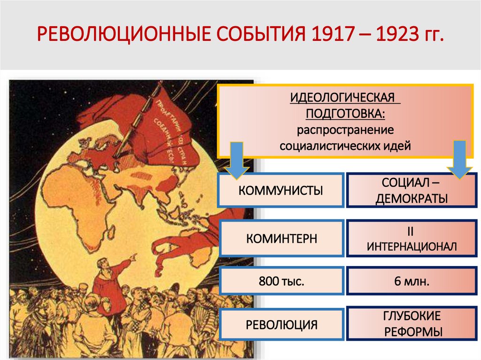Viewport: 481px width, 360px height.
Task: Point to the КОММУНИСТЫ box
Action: [x=281, y=191]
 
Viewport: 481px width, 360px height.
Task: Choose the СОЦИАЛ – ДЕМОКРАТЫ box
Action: [x=411, y=191]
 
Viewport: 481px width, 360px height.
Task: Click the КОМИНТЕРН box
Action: [x=281, y=238]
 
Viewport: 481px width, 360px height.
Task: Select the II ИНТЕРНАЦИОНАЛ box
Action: [x=411, y=238]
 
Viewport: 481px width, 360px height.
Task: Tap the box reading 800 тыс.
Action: [x=281, y=282]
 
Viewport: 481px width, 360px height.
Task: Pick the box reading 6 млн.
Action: [x=411, y=282]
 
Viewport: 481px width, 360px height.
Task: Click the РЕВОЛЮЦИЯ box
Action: [x=281, y=324]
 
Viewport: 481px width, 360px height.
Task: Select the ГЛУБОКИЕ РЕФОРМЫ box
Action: [x=411, y=324]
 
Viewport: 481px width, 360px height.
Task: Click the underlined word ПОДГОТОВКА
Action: [x=346, y=114]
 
